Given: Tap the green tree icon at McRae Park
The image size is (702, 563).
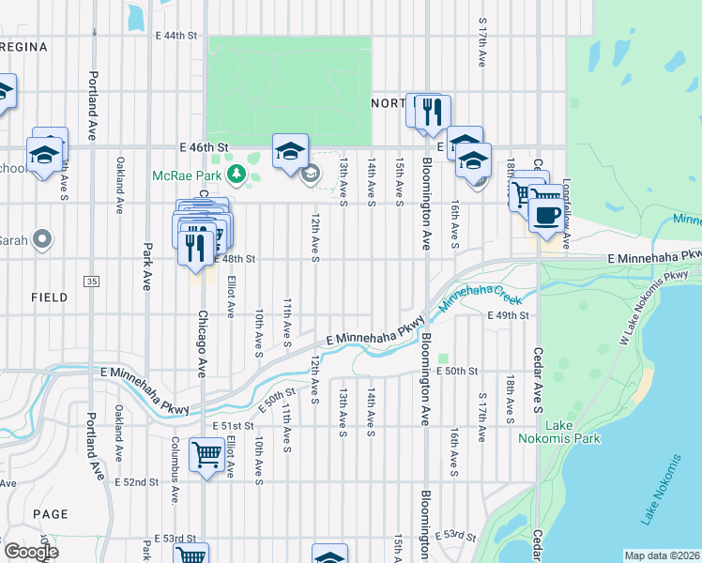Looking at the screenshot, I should (x=238, y=175).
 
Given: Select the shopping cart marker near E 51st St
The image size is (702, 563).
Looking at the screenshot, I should (x=206, y=456).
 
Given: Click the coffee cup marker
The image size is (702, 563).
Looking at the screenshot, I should (x=546, y=214).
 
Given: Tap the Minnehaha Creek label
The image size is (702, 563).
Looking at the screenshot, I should (x=480, y=293).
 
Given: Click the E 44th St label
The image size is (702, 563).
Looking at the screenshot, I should (x=177, y=36).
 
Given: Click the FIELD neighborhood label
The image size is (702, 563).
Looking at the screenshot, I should (x=49, y=297).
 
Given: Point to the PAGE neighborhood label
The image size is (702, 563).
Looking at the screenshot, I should (x=50, y=514).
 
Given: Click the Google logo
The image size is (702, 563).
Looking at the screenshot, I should (x=31, y=552).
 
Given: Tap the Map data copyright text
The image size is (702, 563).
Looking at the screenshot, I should (x=663, y=555).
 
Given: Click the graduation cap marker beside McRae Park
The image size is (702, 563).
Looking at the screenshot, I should (x=291, y=152).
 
